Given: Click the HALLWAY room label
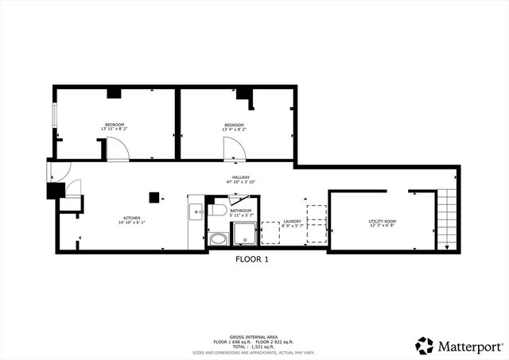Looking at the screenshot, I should [241, 177].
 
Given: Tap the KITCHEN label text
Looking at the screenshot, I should [132, 218].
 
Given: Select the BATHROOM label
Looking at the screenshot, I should [241, 211].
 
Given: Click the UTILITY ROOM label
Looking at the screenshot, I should [382, 221].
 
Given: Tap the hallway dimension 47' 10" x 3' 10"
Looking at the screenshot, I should [241, 183].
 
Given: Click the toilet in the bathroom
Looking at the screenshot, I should [219, 211].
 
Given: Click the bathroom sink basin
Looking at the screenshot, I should [217, 238].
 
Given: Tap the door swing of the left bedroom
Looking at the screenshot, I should [118, 149].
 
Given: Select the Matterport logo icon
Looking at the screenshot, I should [425, 346].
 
